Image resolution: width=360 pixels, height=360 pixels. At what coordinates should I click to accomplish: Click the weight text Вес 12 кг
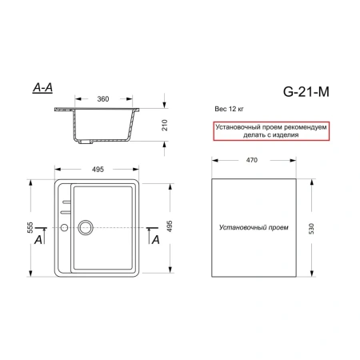pos(230,106)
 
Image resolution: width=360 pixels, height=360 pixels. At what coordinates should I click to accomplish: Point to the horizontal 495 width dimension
pos(100,169)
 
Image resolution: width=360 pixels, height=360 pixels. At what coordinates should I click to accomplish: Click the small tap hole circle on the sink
pos(64,229)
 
